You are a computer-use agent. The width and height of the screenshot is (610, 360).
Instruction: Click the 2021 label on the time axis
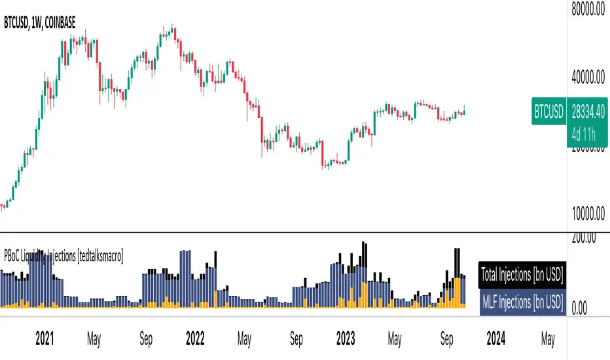(45, 340)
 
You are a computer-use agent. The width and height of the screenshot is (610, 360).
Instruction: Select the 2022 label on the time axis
(195, 340)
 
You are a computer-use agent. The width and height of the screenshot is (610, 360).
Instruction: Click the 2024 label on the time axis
(495, 340)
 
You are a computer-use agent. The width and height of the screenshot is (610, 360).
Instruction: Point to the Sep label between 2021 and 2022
(146, 340)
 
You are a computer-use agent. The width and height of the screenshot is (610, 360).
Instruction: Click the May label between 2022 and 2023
(244, 340)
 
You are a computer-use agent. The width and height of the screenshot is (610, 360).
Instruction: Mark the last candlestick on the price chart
(464, 112)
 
